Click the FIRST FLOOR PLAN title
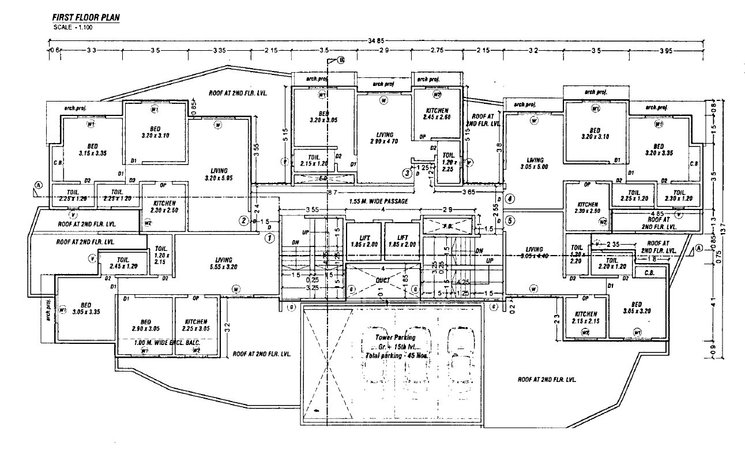pos(85,18)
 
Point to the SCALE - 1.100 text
pos(73,27)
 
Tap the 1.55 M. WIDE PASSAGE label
pos(378,201)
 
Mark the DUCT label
pos(382,280)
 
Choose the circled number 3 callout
pos(407,173)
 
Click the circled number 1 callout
pos(269,237)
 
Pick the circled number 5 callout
pos(509,220)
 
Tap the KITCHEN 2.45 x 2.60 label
pos(437,114)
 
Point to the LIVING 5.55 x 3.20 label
pos(223,263)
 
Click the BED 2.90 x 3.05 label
pos(145,325)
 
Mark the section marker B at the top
pos(340,60)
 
